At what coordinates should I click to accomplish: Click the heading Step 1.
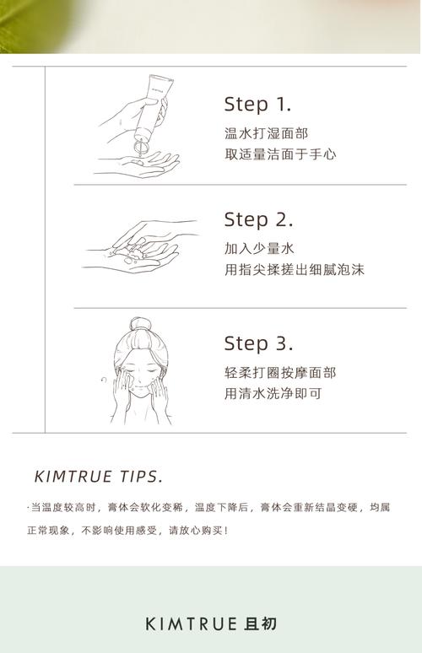(x=257, y=105)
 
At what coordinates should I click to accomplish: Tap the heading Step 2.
(x=258, y=220)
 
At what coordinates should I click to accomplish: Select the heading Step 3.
(x=258, y=343)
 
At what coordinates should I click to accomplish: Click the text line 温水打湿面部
(x=266, y=133)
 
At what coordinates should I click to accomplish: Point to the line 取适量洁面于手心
(x=280, y=154)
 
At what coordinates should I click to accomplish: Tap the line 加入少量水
(x=259, y=248)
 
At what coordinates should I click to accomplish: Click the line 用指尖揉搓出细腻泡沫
(x=295, y=269)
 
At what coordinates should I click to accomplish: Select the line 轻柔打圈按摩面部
(x=280, y=372)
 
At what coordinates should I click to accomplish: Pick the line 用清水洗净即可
(x=273, y=393)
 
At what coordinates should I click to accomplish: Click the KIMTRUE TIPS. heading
(x=98, y=477)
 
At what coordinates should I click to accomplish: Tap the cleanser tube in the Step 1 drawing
(x=152, y=109)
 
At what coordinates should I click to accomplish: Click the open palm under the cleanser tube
(x=138, y=165)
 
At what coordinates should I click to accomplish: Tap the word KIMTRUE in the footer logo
(x=192, y=623)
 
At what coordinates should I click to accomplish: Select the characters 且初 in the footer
(x=260, y=623)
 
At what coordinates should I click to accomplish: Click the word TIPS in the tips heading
(x=141, y=477)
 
